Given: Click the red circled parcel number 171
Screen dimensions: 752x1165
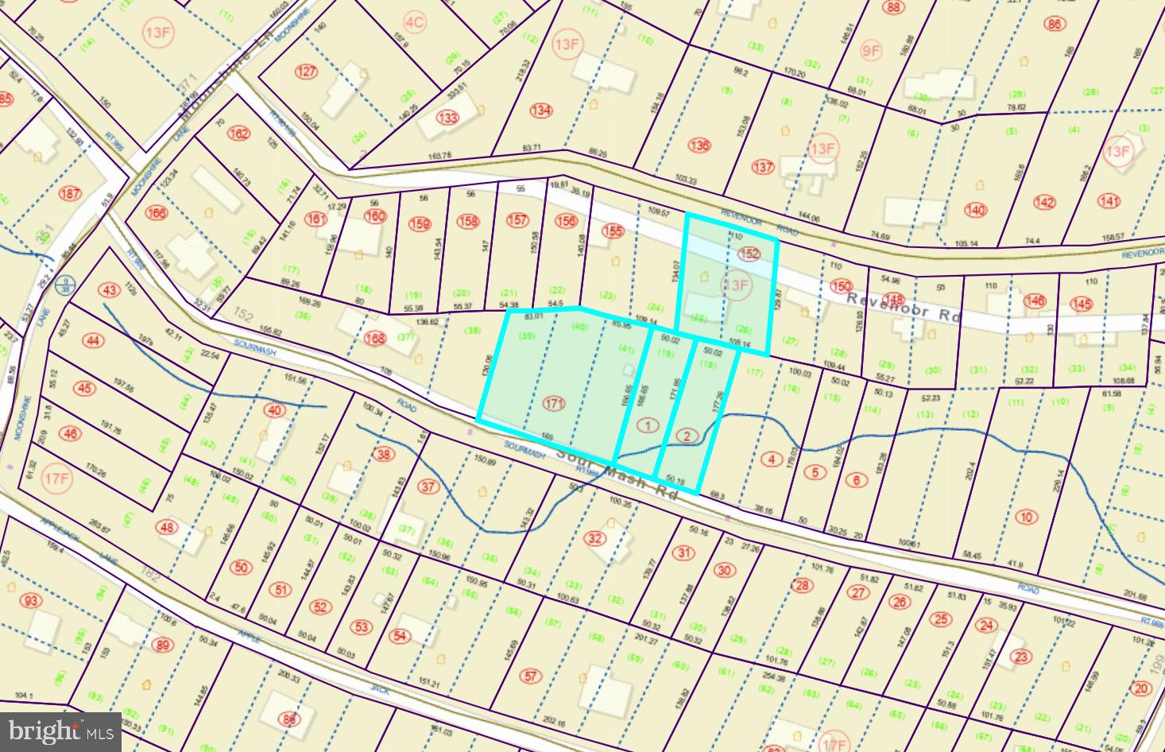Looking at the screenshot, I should (554, 404).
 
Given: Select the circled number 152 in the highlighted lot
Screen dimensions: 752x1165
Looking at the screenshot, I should (749, 254).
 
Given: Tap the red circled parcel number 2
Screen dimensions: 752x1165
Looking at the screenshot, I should (688, 436).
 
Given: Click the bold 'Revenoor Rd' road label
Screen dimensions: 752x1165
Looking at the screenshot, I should (903, 307).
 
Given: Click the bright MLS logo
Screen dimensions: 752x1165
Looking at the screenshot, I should (60, 729).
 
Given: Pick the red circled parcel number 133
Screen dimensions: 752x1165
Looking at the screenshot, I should (448, 118).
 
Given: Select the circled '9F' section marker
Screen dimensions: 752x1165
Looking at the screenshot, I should (871, 52).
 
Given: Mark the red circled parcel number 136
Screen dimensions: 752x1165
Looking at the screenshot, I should (699, 145).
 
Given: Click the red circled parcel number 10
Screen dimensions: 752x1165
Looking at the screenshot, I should (1027, 517).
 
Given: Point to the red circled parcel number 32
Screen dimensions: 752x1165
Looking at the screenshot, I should (594, 538).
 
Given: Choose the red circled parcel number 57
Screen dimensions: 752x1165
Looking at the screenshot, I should (532, 676).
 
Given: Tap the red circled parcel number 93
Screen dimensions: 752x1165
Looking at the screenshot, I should (31, 601).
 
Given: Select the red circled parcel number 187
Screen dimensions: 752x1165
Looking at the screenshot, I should (70, 194).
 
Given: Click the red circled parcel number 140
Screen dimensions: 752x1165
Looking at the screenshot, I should (975, 210).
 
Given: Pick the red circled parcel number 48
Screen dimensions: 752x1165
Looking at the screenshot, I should (167, 527).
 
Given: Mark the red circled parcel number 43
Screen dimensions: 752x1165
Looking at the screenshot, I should (108, 289).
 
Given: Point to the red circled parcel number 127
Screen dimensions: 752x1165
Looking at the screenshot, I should (306, 72).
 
